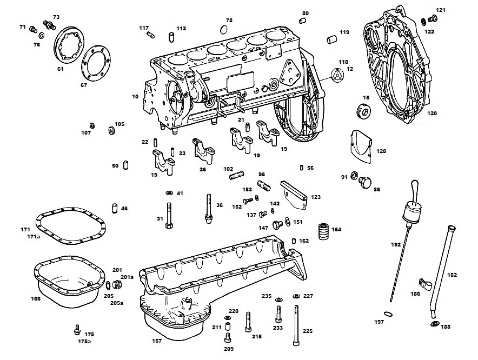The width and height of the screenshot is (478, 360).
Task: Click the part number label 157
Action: [x=157, y=341]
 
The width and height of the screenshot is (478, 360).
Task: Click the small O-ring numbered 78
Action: [x=223, y=30]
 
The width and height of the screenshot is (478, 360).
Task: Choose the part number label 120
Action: [x=431, y=113]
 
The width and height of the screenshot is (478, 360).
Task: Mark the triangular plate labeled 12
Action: [x=337, y=75]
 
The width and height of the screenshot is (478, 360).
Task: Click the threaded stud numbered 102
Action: [x=236, y=176]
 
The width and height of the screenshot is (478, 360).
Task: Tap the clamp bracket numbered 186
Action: [x=426, y=284]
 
